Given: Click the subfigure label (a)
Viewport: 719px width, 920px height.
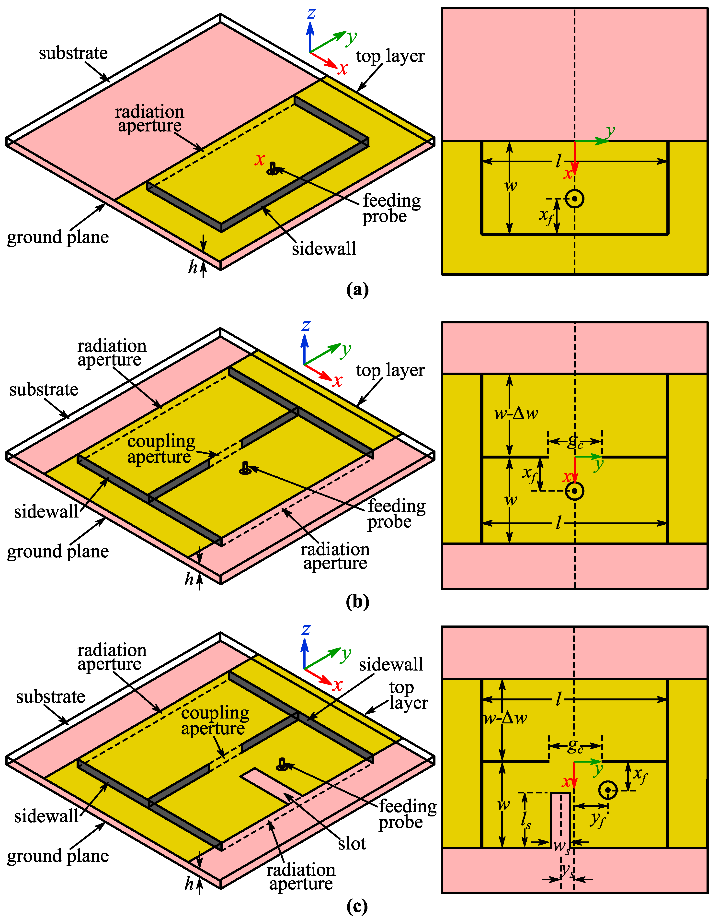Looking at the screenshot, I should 357,290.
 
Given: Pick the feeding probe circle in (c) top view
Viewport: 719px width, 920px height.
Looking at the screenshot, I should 607,790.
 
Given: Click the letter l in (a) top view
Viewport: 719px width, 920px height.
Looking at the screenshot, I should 559,161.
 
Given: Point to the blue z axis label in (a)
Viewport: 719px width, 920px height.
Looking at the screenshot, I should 311,13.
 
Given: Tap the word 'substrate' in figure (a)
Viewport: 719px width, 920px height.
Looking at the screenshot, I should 73,54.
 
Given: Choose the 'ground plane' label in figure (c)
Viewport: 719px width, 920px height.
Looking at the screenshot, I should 58,856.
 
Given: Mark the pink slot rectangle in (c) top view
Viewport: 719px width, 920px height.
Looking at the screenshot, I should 561,819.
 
